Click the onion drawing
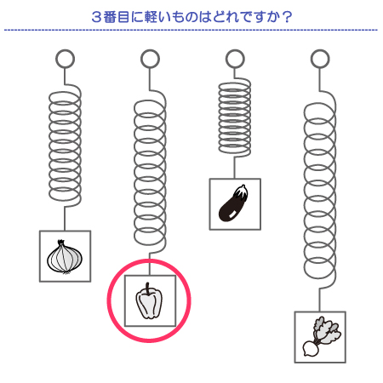click(x=65, y=257)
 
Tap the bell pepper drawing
click(x=149, y=301)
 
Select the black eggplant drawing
click(x=233, y=203)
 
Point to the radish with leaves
click(x=322, y=337)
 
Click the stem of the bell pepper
click(x=147, y=289)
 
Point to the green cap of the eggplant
click(x=241, y=191)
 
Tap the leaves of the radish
click(x=326, y=329)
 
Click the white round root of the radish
click(x=310, y=349)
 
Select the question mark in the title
click(x=288, y=17)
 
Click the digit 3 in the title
click(x=96, y=17)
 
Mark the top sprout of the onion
click(x=61, y=243)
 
